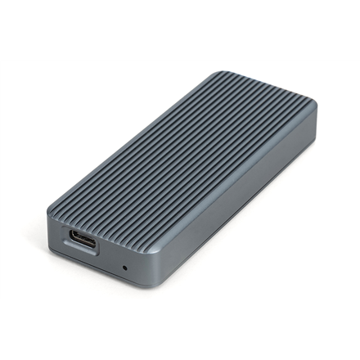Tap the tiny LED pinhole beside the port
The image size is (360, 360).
point(124,268)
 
